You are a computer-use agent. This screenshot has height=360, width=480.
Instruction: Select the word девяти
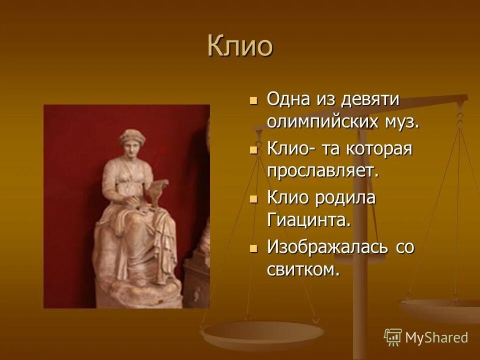coord(370,99)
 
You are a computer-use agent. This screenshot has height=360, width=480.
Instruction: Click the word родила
coord(345,197)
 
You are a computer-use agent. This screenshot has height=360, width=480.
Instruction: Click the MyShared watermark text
coord(436,337)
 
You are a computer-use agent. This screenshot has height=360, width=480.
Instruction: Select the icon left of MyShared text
coord(393,337)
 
